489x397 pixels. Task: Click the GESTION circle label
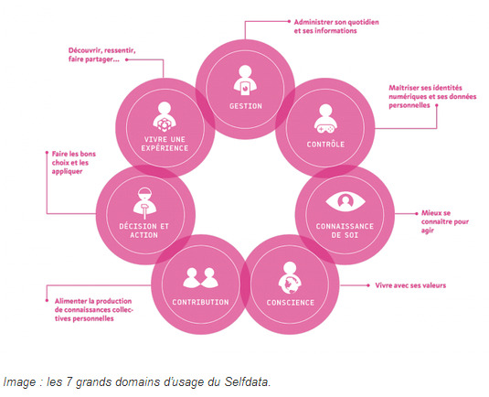(x=246, y=106)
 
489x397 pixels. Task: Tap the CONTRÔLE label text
(x=325, y=145)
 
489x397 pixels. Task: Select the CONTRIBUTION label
(x=200, y=302)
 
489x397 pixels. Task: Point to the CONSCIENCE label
(x=291, y=303)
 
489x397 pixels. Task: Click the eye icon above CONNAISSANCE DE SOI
(x=345, y=201)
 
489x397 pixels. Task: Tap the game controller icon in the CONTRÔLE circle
(x=325, y=128)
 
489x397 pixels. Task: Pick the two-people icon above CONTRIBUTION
(x=200, y=278)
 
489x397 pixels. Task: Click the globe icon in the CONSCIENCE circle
(x=290, y=284)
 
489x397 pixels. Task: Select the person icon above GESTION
(x=246, y=80)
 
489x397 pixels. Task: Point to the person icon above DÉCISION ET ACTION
(x=144, y=203)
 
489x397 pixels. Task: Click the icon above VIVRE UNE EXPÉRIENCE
(x=165, y=117)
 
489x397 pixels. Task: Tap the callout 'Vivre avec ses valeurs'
(x=410, y=285)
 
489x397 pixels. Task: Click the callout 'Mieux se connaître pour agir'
(x=445, y=221)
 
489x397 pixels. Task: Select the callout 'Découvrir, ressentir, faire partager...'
(x=102, y=55)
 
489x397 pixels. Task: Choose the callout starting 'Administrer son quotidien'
(x=336, y=27)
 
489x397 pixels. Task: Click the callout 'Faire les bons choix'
(x=74, y=162)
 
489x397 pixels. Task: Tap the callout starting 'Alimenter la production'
(x=94, y=309)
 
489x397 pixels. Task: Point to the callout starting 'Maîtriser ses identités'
(x=432, y=96)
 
